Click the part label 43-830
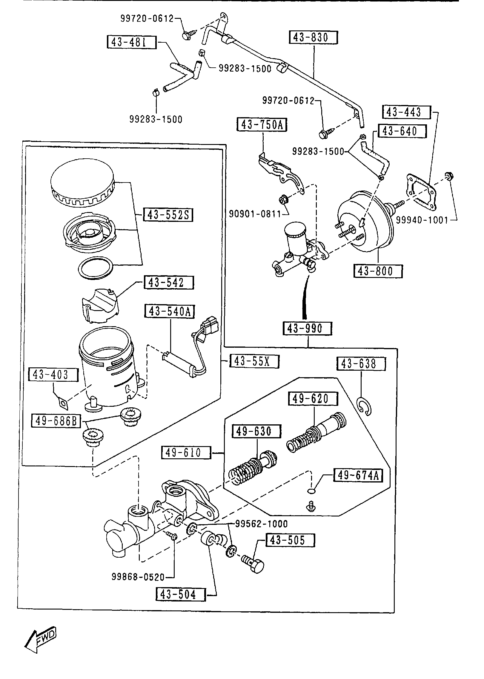[x=313, y=38]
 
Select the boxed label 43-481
[x=131, y=42]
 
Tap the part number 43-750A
[x=262, y=125]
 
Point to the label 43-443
[x=406, y=112]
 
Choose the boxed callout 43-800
[x=378, y=271]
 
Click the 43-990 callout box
[x=307, y=328]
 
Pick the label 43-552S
[x=168, y=215]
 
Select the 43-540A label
[x=169, y=311]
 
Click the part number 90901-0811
[x=255, y=214]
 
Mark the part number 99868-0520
[x=138, y=577]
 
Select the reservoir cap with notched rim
[x=82, y=186]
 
